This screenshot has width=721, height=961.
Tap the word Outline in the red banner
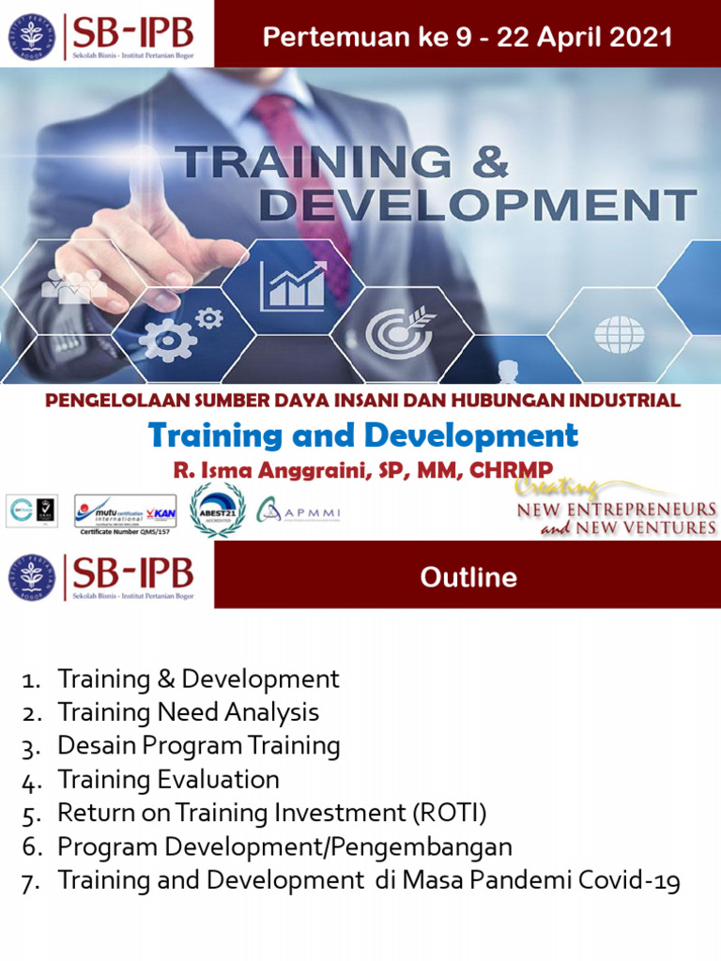pos(468,577)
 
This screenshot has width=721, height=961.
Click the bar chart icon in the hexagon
pos(293,285)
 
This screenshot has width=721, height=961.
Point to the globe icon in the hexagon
pos(619,333)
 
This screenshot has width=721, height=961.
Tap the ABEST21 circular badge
pos(218,511)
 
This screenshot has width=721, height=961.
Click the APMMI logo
pos(298,512)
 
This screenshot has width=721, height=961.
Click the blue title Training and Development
pos(363,435)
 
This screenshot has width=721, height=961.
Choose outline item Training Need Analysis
pos(188,712)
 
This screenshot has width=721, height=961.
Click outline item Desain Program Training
pos(198,746)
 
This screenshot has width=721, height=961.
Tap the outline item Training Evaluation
pos(168,780)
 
